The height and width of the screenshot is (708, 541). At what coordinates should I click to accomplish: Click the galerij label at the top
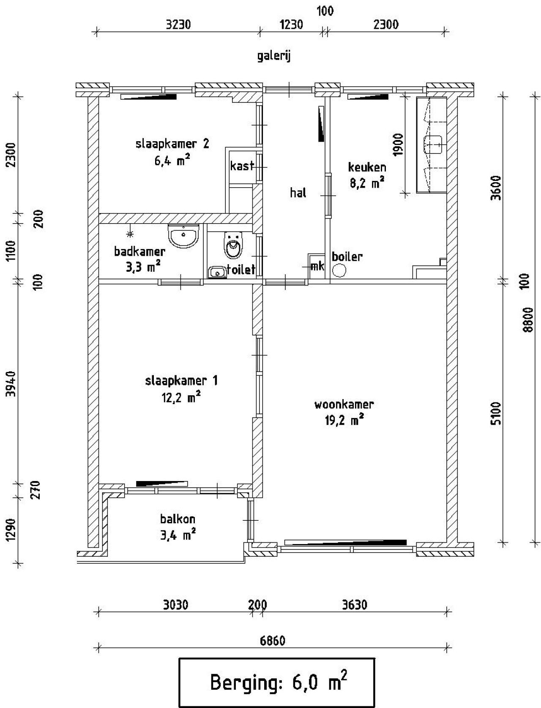tap(274, 57)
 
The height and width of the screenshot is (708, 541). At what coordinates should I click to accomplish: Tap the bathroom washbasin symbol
tap(183, 236)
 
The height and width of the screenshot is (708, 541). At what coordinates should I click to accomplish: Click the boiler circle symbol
tap(339, 270)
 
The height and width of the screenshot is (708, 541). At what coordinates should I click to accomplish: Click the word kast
tap(242, 166)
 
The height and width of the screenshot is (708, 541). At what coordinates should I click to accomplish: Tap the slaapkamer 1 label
tap(181, 381)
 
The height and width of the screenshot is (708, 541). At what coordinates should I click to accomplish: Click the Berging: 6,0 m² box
tap(277, 682)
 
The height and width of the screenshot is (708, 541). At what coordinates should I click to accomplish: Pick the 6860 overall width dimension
tap(273, 641)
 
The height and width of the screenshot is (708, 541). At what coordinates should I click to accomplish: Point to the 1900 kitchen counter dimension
tap(398, 145)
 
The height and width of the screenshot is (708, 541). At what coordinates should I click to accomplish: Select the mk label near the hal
tap(317, 266)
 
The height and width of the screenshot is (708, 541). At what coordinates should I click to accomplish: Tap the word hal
tap(298, 193)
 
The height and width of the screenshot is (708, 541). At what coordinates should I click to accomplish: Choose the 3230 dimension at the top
tap(178, 25)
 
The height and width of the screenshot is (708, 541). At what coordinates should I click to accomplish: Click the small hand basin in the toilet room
tap(217, 272)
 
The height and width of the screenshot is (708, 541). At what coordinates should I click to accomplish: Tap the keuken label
tap(367, 167)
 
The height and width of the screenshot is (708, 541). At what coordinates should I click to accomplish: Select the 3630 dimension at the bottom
tap(354, 605)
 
